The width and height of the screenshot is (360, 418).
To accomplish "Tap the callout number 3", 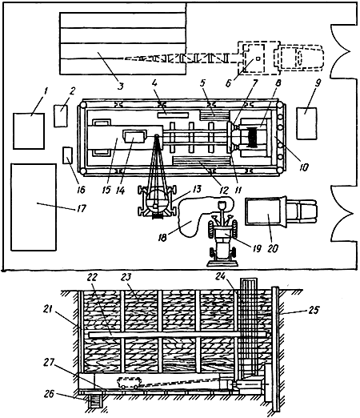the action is (x=121, y=86).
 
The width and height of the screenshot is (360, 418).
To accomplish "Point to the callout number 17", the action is (x=82, y=208).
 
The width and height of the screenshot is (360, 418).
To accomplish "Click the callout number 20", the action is (x=272, y=248).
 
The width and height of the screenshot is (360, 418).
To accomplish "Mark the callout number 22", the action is (x=91, y=277).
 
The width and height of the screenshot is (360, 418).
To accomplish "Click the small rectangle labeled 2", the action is (x=61, y=116).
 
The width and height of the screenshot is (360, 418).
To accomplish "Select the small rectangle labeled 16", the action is (x=67, y=155).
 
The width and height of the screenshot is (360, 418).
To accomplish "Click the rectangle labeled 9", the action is (x=306, y=123).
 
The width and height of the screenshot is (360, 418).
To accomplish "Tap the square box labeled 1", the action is (x=29, y=131).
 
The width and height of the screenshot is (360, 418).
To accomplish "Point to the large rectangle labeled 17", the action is (x=34, y=207).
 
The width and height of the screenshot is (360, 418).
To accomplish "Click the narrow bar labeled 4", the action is (x=173, y=115).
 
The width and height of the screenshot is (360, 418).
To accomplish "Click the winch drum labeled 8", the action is (x=253, y=137).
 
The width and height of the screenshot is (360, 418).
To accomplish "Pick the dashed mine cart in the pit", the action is (x=129, y=383).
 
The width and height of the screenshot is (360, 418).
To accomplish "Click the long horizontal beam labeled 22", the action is (x=178, y=335).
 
